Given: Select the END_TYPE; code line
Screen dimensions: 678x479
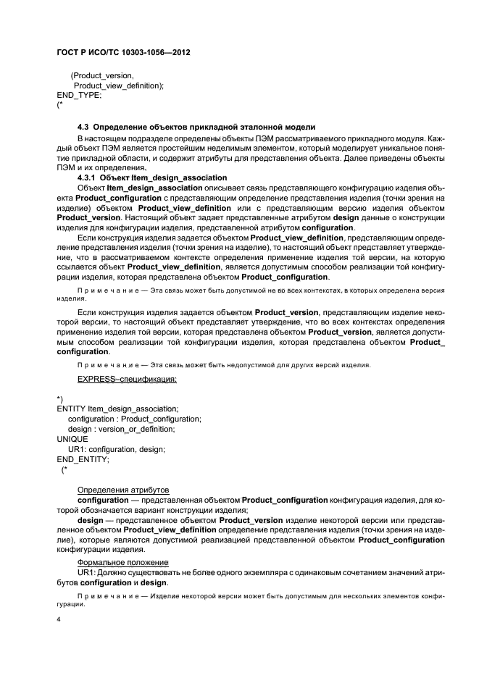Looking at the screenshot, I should coord(79,95).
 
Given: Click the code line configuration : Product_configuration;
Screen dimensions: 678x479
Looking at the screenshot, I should coord(134,419).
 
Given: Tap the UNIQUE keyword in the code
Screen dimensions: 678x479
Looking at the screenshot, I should coord(72,439).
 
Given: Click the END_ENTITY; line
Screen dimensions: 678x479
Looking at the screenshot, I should coord(83,459).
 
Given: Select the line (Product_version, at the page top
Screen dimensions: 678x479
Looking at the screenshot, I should coord(102,75).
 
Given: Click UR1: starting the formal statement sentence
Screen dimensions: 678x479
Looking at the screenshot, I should coord(87,572).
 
